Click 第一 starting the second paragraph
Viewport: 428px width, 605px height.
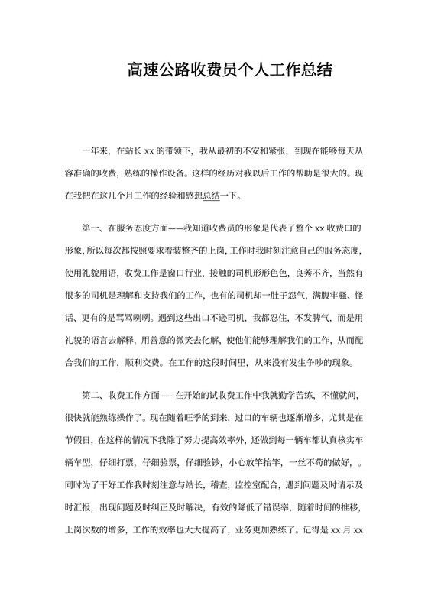click(89, 228)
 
